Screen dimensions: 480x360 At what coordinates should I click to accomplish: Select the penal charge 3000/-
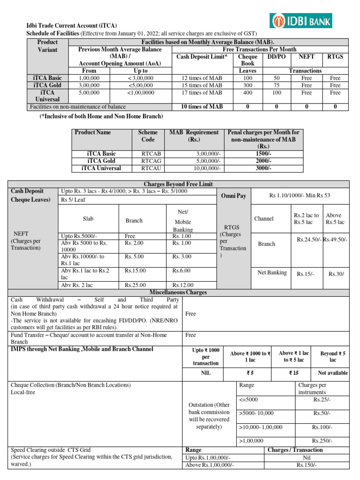click(262, 168)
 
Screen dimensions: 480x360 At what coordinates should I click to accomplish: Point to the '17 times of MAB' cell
click(202, 93)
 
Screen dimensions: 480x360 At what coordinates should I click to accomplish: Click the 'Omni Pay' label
click(233, 195)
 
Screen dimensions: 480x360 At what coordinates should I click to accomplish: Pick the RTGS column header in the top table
click(335, 56)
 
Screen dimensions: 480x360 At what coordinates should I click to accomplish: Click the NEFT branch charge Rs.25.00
click(135, 285)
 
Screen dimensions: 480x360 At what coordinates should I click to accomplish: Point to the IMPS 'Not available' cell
click(333, 373)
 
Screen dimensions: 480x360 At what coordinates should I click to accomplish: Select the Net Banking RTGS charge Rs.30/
click(336, 273)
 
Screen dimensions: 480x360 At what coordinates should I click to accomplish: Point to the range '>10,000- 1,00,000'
click(261, 427)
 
